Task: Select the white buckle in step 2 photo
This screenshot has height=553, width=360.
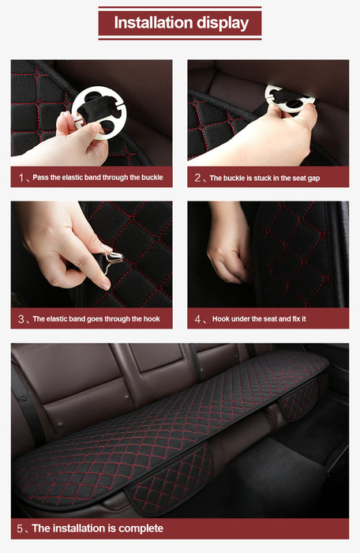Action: pyautogui.click(x=289, y=98)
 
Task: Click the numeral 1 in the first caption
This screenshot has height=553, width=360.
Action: pyautogui.click(x=21, y=178)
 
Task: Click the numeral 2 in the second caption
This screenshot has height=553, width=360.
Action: pyautogui.click(x=197, y=178)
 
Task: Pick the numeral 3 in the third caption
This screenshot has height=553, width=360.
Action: pyautogui.click(x=21, y=319)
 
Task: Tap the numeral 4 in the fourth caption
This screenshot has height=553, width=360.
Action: pyautogui.click(x=197, y=319)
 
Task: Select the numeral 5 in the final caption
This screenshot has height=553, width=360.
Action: pyautogui.click(x=20, y=529)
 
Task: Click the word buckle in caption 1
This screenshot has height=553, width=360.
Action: pyautogui.click(x=152, y=178)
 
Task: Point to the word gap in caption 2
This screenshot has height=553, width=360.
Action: pyautogui.click(x=313, y=179)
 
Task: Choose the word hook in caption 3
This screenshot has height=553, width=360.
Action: pyautogui.click(x=152, y=319)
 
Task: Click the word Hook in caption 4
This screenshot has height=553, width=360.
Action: pyautogui.click(x=221, y=319)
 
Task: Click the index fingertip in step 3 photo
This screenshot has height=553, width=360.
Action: pyautogui.click(x=106, y=285)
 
